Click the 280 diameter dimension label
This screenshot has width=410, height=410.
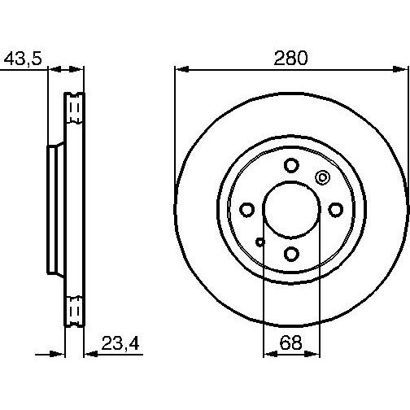291,58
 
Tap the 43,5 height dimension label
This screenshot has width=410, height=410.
23,59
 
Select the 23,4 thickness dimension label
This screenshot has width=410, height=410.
120,343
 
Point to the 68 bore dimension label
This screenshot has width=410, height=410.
290,342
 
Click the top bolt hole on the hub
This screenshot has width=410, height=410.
291,165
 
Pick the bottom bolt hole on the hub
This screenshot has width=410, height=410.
291,254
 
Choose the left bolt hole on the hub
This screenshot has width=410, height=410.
247,210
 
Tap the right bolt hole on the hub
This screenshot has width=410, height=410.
336,210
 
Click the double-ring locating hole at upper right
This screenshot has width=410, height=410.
322,178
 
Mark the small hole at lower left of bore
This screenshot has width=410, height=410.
260,242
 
